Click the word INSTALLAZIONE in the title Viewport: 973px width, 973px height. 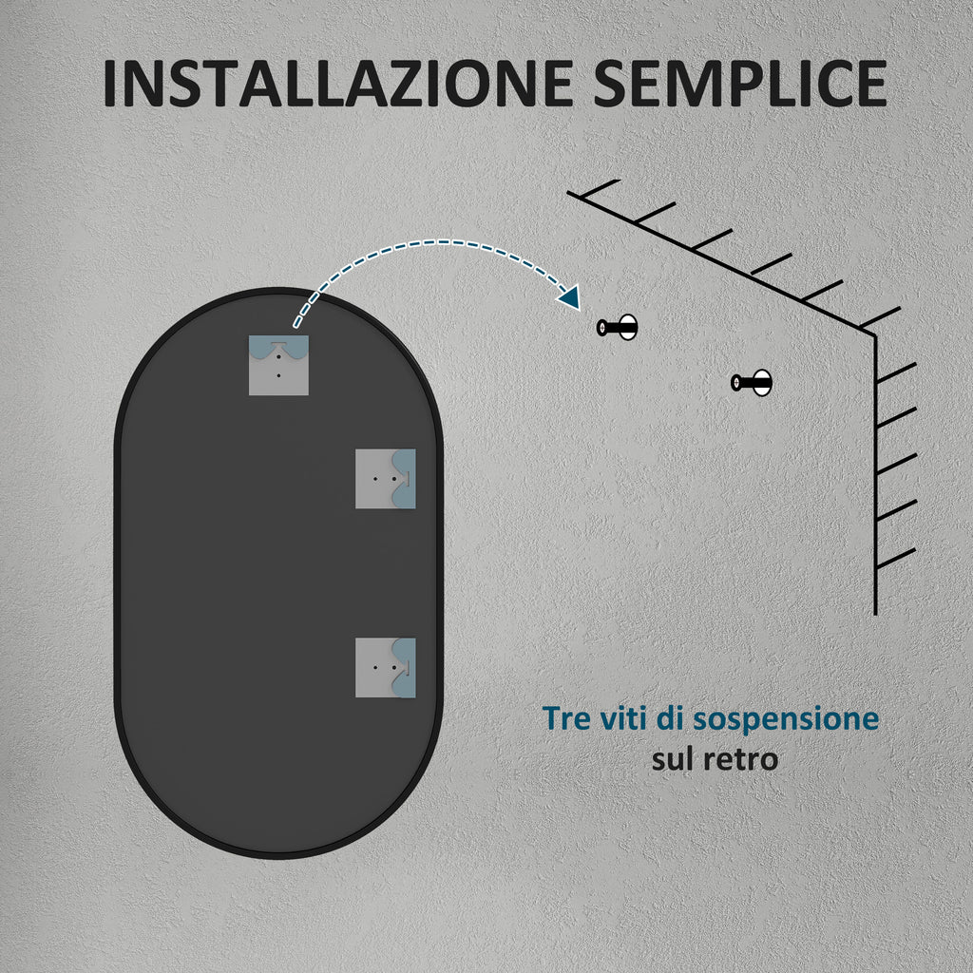click(x=337, y=84)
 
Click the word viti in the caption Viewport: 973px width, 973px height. click(x=622, y=718)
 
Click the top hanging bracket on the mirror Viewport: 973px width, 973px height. click(x=278, y=366)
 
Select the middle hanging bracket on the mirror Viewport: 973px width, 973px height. click(x=386, y=479)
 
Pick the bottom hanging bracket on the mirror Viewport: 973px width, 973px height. click(x=386, y=668)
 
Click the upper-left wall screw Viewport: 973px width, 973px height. click(x=618, y=327)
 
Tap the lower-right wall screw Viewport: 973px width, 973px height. click(x=752, y=382)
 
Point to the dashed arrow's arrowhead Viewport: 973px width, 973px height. click(x=570, y=297)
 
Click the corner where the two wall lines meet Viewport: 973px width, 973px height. click(x=875, y=335)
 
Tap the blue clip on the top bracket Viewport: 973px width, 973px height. click(x=278, y=347)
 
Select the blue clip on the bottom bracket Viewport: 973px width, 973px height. click(x=403, y=668)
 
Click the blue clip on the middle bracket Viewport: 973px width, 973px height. click(x=403, y=479)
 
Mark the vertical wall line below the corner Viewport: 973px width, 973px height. click(x=875, y=475)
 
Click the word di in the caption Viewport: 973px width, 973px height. click(x=670, y=718)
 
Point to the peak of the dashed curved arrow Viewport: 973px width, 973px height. click(x=442, y=242)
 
